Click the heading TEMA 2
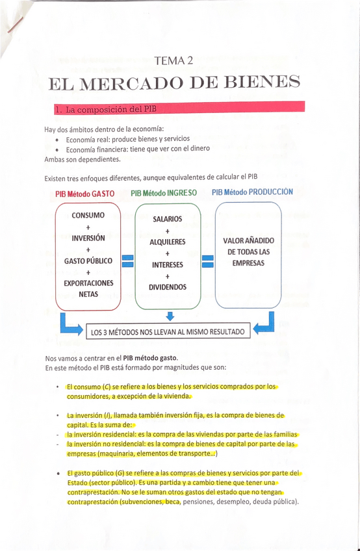(x=174, y=61)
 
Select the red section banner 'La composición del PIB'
(x=179, y=108)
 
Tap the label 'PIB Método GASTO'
(x=85, y=194)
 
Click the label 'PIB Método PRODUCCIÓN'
(x=252, y=192)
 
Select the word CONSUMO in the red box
(x=88, y=215)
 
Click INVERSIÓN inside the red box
(x=88, y=238)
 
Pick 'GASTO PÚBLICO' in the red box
(x=88, y=261)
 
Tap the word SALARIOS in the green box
(x=168, y=220)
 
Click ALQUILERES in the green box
(x=168, y=242)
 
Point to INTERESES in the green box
(x=168, y=265)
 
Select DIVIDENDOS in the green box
(x=168, y=287)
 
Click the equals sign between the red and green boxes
(x=128, y=261)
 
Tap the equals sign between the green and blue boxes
(x=208, y=261)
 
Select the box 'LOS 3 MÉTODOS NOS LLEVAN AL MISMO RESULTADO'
(x=168, y=333)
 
